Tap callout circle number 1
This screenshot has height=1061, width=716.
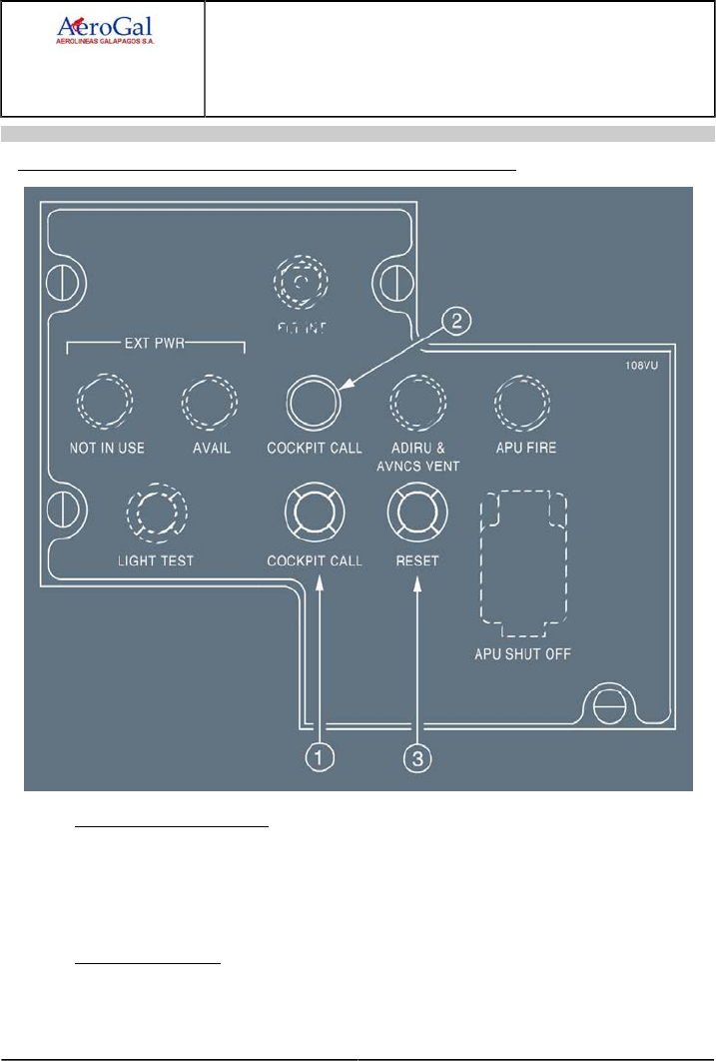tap(318, 759)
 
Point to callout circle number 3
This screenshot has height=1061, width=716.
tap(418, 759)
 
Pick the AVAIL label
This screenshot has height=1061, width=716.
tap(211, 448)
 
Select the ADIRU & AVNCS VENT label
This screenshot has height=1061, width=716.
tap(416, 456)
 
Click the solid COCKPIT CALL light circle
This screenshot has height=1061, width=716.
tap(312, 404)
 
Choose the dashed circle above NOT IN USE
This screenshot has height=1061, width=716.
tap(103, 404)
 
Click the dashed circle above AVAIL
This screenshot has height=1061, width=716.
tap(209, 404)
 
